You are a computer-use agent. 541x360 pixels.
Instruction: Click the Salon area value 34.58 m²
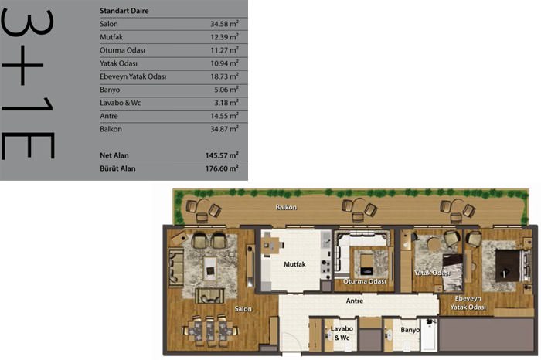[224, 24]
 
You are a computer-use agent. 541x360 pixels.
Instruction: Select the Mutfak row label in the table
[111, 37]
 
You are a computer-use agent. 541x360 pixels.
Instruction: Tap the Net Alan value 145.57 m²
[222, 155]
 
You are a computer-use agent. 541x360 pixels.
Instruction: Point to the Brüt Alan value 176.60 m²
[222, 168]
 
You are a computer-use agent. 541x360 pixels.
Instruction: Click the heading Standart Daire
[124, 11]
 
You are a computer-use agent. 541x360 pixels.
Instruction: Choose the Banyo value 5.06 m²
[226, 90]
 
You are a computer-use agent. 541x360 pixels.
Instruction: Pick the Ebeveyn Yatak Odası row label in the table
[133, 76]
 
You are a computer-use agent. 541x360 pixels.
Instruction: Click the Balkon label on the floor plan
[286, 207]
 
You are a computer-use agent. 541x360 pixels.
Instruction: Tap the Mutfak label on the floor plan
[294, 264]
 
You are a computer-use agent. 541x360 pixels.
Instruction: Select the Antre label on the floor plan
[355, 301]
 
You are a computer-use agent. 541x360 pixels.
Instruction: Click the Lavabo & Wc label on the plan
[342, 333]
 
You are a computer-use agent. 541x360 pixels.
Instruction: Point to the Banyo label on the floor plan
[410, 330]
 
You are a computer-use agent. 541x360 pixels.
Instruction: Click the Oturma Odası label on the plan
[365, 281]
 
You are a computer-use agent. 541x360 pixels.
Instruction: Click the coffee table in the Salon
[210, 267]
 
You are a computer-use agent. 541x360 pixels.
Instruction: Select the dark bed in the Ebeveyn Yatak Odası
[508, 266]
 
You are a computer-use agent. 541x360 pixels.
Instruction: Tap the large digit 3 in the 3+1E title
[28, 22]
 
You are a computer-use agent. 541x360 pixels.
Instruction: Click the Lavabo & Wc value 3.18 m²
[226, 103]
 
